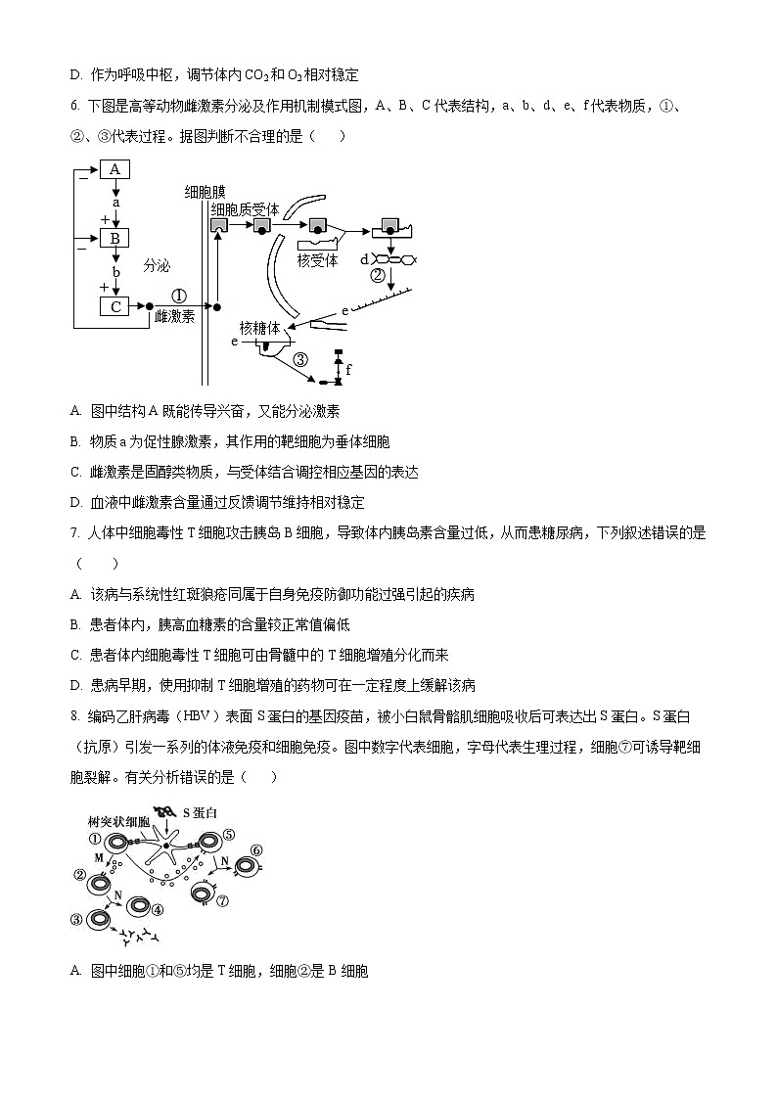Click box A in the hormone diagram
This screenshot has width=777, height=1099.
point(114,169)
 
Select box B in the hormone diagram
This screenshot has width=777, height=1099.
point(114,238)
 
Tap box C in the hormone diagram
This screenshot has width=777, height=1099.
point(114,307)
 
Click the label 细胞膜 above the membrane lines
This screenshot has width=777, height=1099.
point(205,192)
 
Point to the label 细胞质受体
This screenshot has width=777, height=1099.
point(246,209)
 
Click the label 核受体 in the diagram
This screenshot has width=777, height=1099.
point(317,260)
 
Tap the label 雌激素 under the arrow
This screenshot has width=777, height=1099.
point(174,316)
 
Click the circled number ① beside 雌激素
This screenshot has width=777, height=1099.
point(178,295)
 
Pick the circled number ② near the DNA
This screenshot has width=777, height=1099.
point(378,275)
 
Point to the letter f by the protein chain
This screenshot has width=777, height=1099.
point(348,370)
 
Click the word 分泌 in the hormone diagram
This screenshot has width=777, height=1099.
point(157,264)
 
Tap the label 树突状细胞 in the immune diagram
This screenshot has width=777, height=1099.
point(118,820)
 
